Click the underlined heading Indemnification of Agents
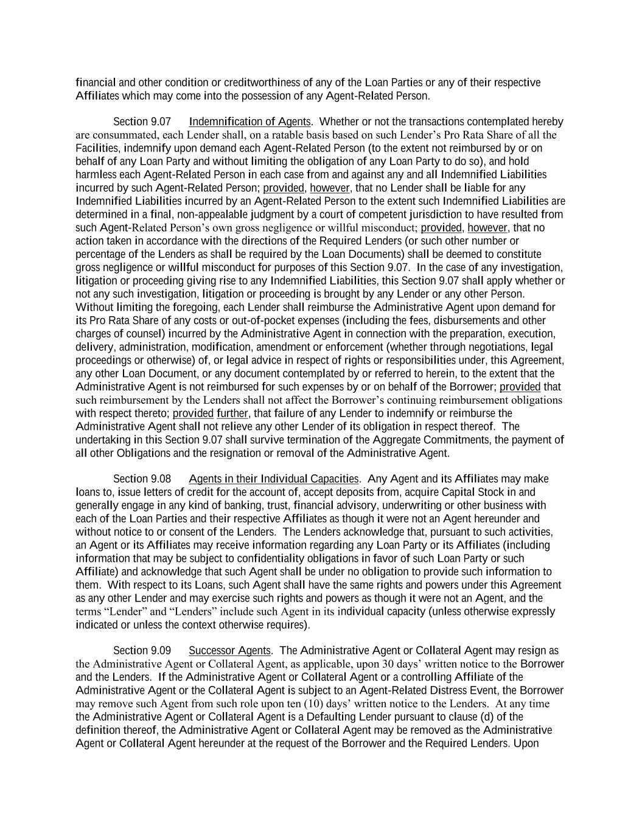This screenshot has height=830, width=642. click(249, 122)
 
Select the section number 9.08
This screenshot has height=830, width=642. click(161, 479)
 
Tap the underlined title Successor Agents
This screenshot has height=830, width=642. click(229, 651)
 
